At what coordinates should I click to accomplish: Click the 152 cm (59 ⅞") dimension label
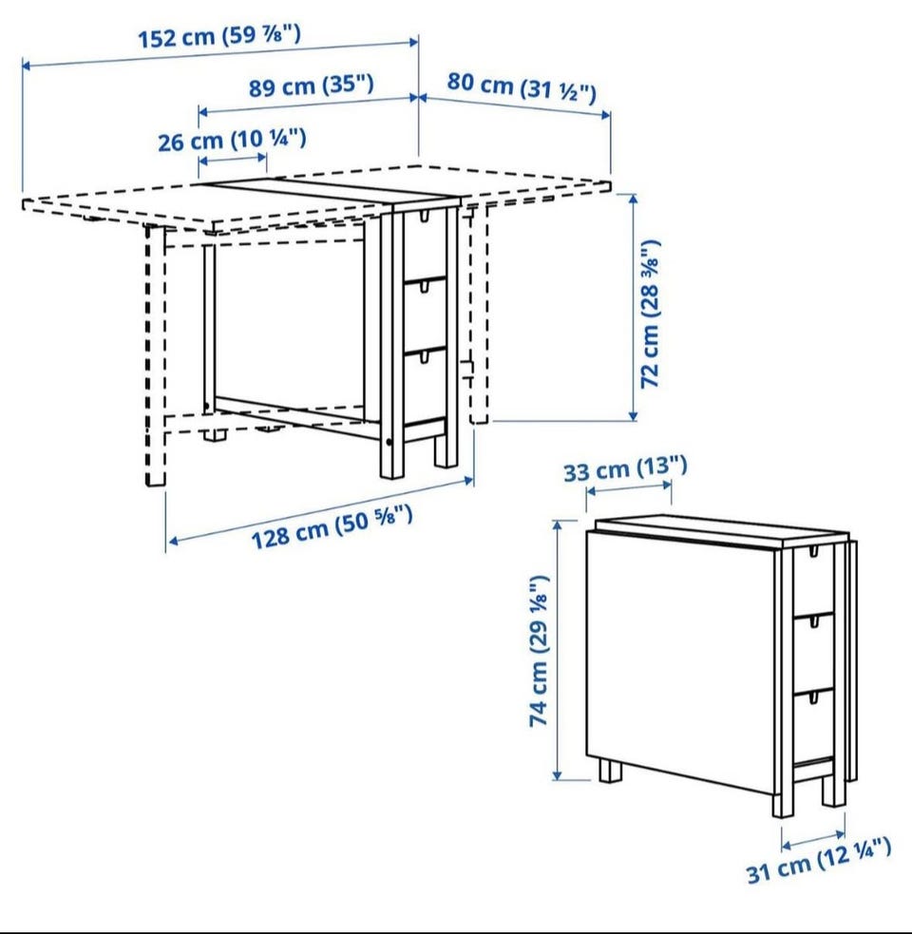(219, 36)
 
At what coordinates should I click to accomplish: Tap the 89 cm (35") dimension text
(311, 86)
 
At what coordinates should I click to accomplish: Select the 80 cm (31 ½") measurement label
(522, 87)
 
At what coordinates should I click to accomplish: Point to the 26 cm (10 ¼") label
(232, 140)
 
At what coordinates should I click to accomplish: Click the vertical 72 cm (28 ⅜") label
(650, 314)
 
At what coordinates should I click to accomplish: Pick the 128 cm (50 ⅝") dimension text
(332, 526)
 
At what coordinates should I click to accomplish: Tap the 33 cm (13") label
(625, 468)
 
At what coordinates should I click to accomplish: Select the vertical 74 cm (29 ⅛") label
(539, 651)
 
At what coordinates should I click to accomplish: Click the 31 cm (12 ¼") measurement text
(819, 860)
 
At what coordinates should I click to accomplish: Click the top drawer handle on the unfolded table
(424, 215)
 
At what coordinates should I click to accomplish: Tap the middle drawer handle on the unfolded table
(424, 287)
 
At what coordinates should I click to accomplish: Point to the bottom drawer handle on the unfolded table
(424, 355)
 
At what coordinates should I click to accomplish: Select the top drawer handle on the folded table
(812, 552)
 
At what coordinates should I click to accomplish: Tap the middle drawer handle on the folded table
(812, 621)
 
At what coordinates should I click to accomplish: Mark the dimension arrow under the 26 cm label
(233, 159)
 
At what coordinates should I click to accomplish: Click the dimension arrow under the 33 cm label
(629, 488)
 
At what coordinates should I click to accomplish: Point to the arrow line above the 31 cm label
(813, 840)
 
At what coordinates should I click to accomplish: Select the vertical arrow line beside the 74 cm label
(558, 650)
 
